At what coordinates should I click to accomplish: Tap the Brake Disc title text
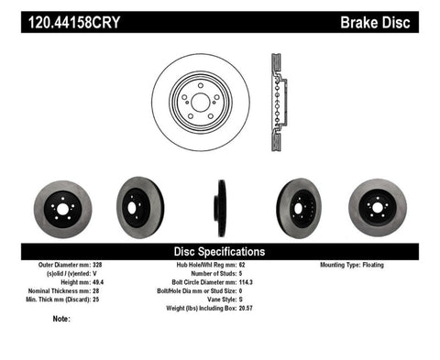[x=388, y=17]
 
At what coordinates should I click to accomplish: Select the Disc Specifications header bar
[x=220, y=251]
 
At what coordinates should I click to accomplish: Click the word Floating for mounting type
[x=390, y=265]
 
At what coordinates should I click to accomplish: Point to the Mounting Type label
[x=343, y=265]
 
